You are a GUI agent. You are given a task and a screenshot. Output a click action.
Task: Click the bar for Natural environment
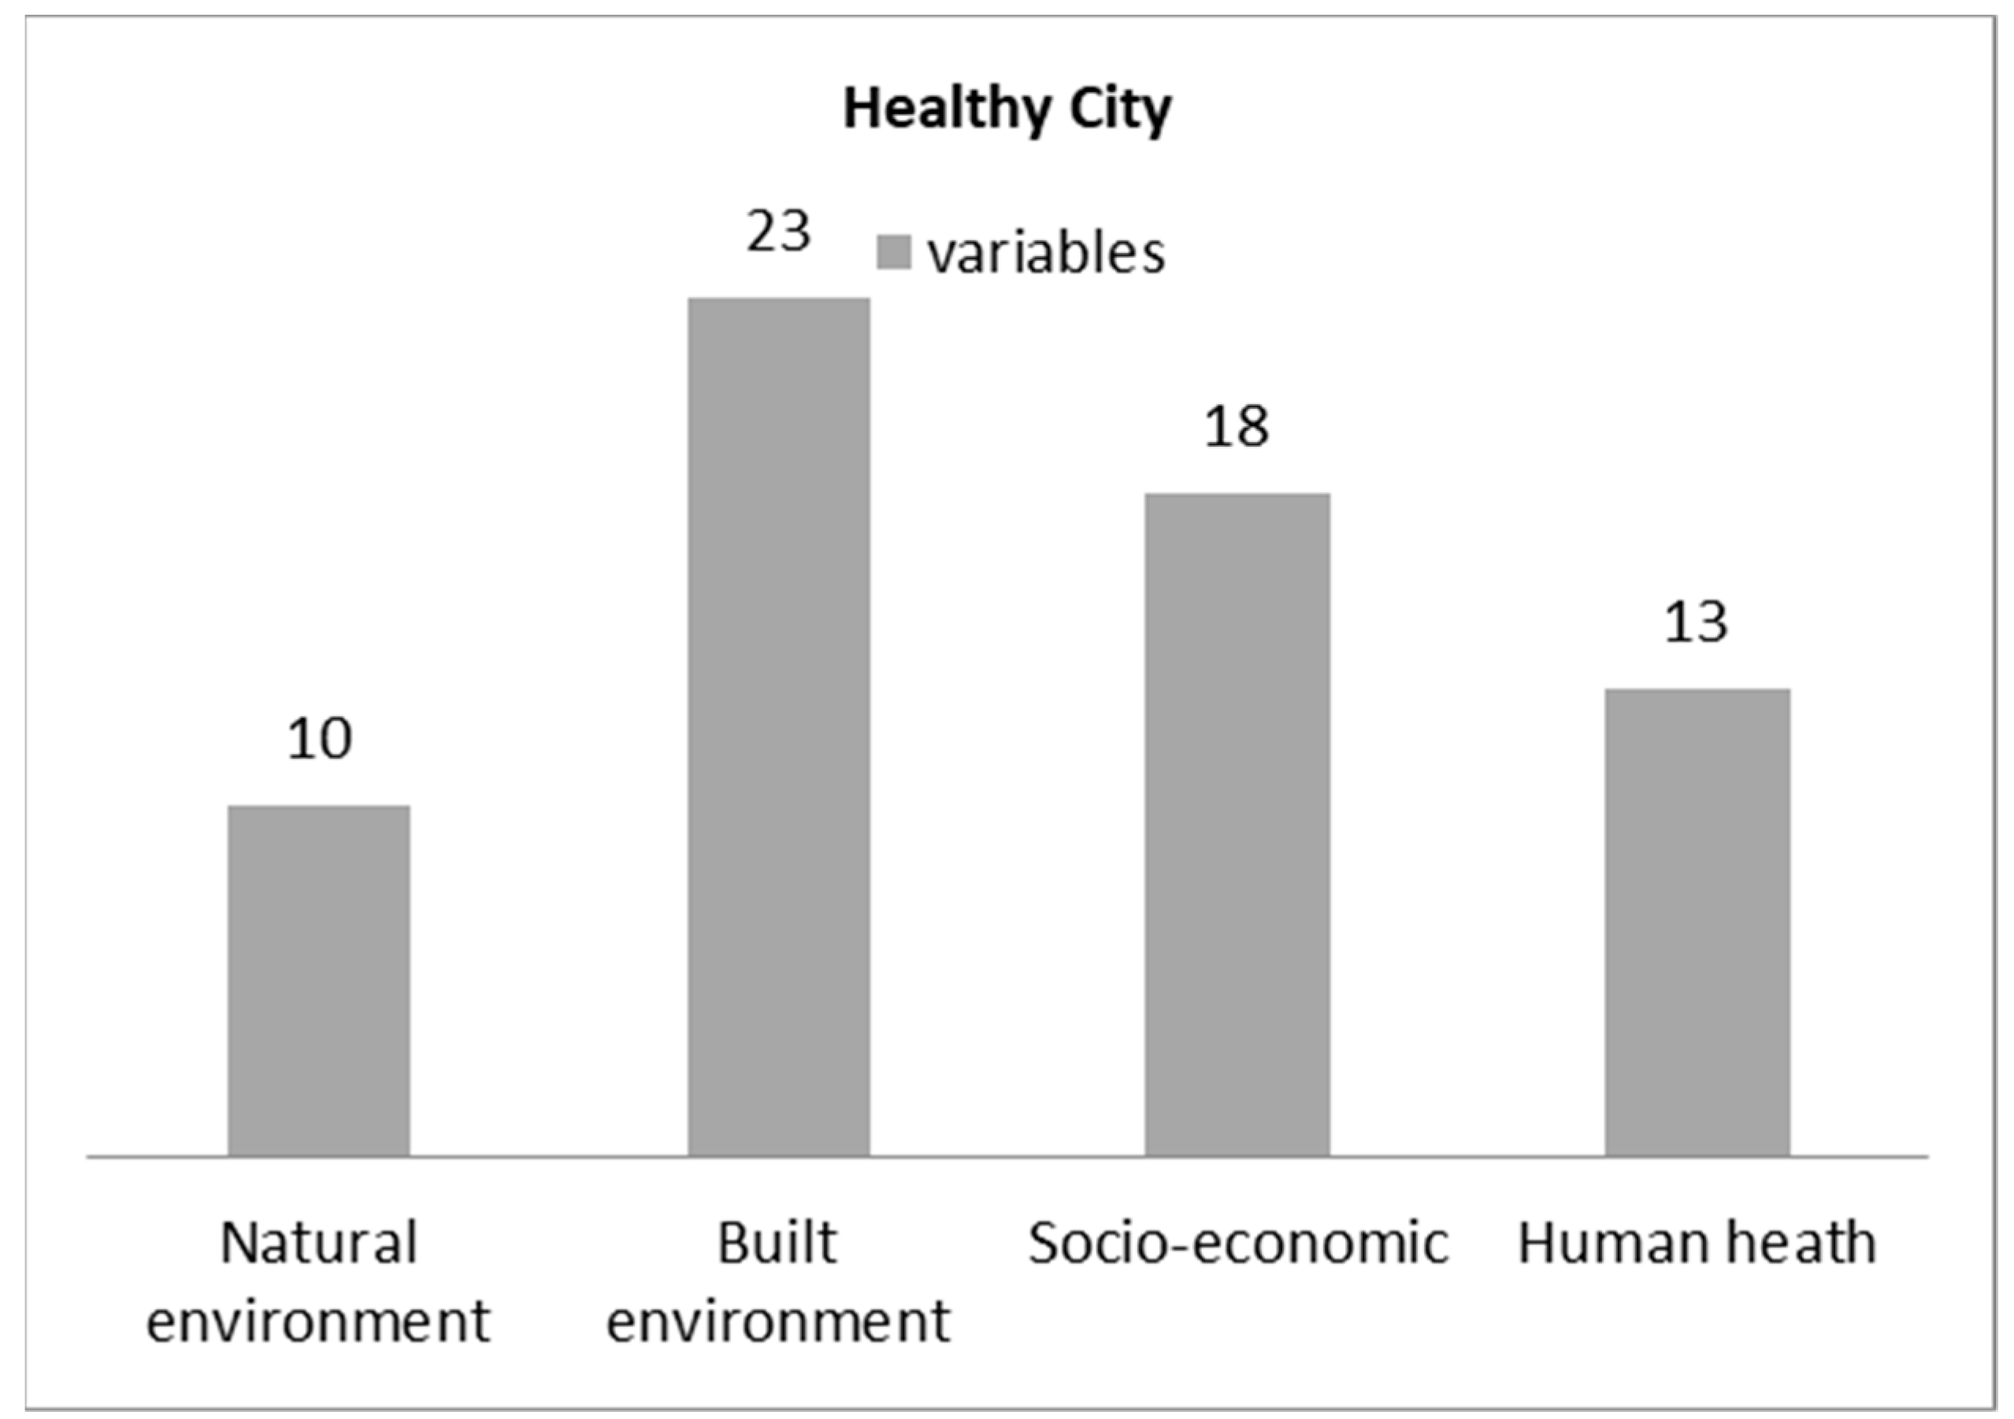tap(318, 980)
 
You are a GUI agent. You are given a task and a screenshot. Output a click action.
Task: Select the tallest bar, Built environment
tap(779, 726)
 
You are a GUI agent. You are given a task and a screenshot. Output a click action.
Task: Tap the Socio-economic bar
tap(1237, 824)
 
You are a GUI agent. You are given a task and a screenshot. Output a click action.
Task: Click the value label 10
tap(320, 739)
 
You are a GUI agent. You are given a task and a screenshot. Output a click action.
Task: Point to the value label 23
tap(779, 232)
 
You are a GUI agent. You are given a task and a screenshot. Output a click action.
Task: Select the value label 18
tap(1237, 427)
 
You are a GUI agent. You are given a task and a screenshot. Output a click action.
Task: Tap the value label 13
tap(1697, 622)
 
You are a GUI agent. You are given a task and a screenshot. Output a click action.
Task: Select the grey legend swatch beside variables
tap(894, 252)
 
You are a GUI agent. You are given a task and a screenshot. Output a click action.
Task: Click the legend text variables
tap(1047, 253)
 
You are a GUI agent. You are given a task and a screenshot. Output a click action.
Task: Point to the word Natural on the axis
tap(318, 1243)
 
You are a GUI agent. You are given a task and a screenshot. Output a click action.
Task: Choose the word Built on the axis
tap(777, 1243)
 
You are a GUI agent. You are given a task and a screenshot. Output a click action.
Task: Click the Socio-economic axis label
tap(1237, 1243)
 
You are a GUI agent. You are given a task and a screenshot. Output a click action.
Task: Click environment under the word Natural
tap(318, 1321)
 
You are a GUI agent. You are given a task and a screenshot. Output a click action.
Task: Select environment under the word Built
tap(779, 1321)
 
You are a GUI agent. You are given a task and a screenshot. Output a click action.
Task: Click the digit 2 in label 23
tap(762, 232)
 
